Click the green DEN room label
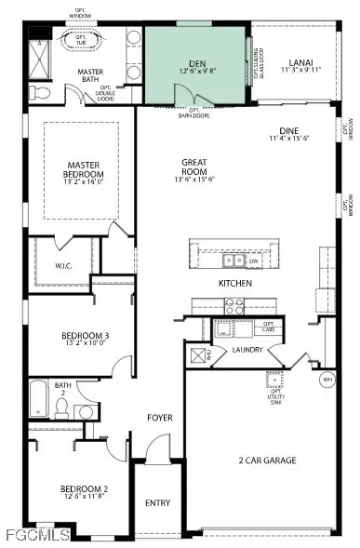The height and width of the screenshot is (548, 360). [197, 61]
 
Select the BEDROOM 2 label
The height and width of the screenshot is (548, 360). [85, 489]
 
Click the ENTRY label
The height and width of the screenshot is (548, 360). [158, 503]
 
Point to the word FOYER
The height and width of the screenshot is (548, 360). [160, 418]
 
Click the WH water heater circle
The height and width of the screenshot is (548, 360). [327, 380]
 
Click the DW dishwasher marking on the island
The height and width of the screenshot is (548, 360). [253, 261]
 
